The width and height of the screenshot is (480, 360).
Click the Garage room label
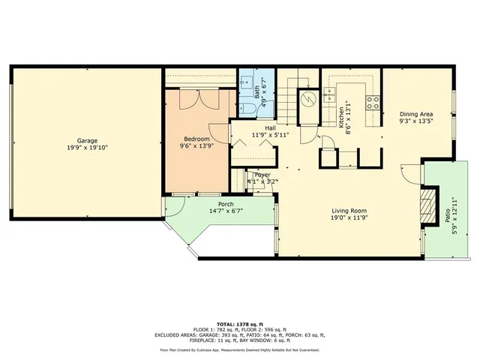tap(87, 140)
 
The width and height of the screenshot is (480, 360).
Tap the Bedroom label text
tap(198, 139)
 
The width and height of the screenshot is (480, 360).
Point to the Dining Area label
tap(416, 113)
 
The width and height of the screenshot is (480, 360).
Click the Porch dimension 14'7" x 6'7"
tap(226, 211)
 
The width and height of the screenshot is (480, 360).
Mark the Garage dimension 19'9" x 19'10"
tap(87, 148)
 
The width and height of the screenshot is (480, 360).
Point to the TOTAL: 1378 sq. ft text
tap(239, 321)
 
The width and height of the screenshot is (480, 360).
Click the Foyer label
tap(262, 175)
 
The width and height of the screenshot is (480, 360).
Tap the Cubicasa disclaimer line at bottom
tap(239, 349)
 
